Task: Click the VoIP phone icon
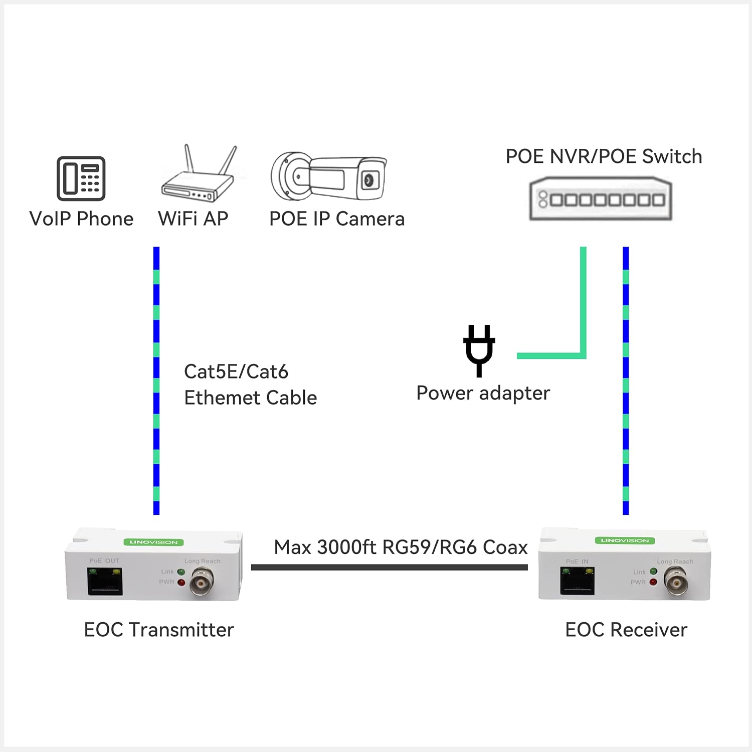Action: [x=81, y=178]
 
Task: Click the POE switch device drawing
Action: [x=601, y=199]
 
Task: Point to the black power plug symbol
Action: [x=479, y=350]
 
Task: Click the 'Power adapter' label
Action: [x=483, y=393]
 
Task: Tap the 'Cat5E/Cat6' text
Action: [x=236, y=372]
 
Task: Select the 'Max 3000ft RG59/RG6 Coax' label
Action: [x=401, y=547]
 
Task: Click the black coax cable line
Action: [x=389, y=567]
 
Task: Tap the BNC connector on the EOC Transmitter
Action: [x=202, y=582]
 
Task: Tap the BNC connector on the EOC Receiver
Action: [x=676, y=581]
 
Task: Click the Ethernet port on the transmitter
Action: [x=105, y=582]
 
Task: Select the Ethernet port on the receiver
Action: [x=578, y=582]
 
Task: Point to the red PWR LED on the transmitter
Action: [x=181, y=583]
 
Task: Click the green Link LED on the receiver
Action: [x=653, y=572]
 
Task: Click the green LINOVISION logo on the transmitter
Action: [x=153, y=542]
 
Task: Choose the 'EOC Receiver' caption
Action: [x=626, y=630]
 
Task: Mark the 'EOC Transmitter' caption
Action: [x=159, y=630]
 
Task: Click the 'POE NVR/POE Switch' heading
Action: [x=604, y=156]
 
